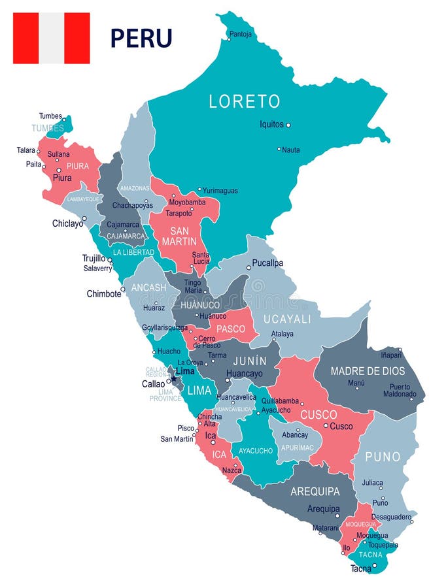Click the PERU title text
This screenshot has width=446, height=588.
(141, 37)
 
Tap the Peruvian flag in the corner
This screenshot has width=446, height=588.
(51, 38)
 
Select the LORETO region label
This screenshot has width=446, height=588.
(244, 101)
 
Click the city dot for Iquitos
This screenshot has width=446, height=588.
(288, 125)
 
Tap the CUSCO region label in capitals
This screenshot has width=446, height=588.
(318, 414)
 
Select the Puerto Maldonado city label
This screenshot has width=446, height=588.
(398, 390)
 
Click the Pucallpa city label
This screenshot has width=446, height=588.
(268, 263)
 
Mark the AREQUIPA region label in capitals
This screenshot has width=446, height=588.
(315, 491)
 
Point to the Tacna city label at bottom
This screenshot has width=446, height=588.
(360, 568)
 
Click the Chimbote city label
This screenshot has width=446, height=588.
(104, 294)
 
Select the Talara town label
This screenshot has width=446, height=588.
(26, 150)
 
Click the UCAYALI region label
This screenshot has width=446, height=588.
(287, 318)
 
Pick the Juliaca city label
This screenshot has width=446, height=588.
(373, 483)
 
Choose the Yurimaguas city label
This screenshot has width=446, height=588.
(220, 191)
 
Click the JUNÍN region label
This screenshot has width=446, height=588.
(249, 361)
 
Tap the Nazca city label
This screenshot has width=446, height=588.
(232, 470)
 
